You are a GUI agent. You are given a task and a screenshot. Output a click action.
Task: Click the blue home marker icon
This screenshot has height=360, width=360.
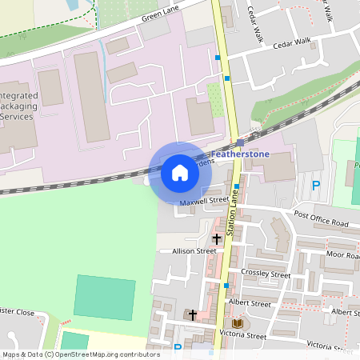[180, 172]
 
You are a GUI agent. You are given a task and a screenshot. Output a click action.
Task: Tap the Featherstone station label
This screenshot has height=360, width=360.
[241, 153]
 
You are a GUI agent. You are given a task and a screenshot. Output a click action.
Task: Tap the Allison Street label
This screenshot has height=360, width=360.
[194, 250]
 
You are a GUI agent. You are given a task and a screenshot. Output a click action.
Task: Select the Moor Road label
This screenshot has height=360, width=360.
[342, 254]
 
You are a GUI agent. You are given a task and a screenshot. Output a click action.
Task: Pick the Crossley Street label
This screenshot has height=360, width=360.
[269, 274]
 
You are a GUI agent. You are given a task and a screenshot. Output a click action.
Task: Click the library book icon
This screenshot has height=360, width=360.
[238, 322]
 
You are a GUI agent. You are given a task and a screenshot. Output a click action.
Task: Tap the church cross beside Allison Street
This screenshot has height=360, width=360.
[216, 239]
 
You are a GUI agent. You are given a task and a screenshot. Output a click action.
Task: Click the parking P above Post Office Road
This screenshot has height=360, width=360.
[315, 186]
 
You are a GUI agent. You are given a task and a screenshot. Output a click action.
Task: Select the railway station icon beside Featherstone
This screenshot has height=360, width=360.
[239, 142]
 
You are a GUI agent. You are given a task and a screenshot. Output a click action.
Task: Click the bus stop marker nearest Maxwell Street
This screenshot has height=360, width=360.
[237, 186]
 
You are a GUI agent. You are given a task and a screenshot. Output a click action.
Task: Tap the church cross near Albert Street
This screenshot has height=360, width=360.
[192, 315]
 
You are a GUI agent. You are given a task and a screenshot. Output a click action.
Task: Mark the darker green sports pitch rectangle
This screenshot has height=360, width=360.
[105, 297]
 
